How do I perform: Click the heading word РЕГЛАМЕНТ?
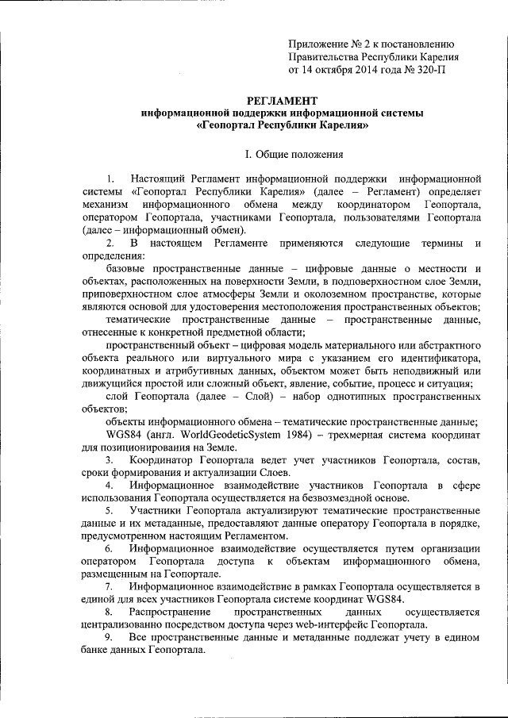pyautogui.click(x=283, y=100)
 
